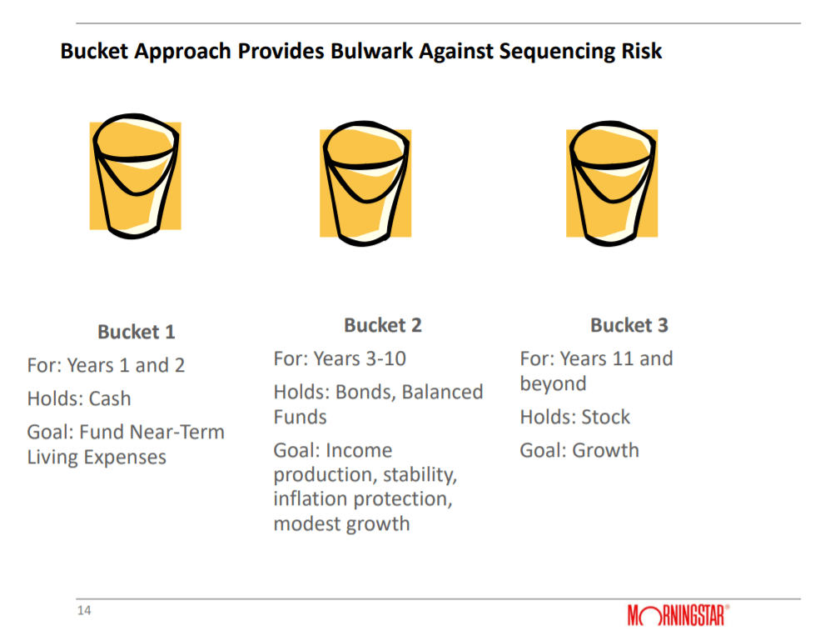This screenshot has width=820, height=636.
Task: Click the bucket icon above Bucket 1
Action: pos(136,176)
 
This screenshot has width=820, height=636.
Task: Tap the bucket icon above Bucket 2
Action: pos(365,183)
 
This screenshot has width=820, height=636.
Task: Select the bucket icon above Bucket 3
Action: pos(612,183)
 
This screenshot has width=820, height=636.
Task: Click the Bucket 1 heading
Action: pos(136,332)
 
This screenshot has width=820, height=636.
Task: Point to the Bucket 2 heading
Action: pos(383,325)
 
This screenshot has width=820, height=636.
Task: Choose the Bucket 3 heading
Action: pos(629,325)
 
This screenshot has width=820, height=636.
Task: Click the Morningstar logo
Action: pos(678,615)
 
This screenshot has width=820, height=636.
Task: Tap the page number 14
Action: pos(84,610)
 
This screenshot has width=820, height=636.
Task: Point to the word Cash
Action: pos(110,399)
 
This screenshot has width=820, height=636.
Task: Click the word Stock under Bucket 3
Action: pos(605,418)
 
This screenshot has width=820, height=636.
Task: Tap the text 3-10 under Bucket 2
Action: pos(386,359)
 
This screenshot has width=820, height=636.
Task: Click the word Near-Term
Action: pos(176,433)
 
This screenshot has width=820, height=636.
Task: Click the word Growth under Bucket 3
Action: pos(605,451)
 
